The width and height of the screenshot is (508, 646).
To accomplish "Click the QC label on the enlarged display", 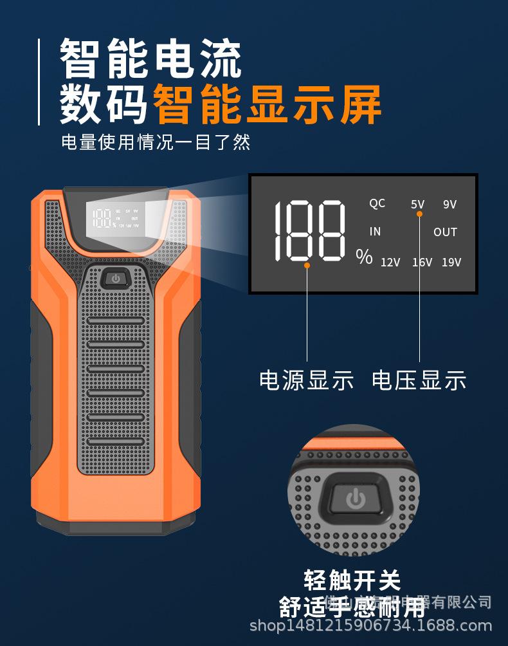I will point(377,203).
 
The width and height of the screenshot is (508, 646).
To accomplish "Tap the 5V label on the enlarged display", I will point(418,205).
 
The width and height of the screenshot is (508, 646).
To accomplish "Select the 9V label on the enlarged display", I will point(449,205).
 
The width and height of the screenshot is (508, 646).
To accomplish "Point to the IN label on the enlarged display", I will point(375,232).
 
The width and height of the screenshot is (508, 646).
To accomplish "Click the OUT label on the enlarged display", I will point(445,232).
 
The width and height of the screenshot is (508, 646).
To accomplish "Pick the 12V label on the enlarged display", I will point(390,262).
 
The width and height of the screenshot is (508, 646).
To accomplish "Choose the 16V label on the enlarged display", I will point(422,262).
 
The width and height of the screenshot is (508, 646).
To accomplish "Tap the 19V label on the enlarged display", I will point(451,262).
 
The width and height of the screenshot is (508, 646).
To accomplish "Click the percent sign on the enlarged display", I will point(364,257).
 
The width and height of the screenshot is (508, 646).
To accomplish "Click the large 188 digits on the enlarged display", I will point(309,230).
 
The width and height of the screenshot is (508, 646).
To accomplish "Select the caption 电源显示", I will point(306,380).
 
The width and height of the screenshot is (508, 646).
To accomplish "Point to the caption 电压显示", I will point(419,380).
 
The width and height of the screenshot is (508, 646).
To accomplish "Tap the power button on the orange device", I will point(116,279).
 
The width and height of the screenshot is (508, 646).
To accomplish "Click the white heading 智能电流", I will point(151,59).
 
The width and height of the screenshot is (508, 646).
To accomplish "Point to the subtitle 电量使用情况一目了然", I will point(156,142).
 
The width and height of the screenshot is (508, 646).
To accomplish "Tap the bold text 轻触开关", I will point(352,581).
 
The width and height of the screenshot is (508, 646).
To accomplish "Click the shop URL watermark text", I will point(370,625).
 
